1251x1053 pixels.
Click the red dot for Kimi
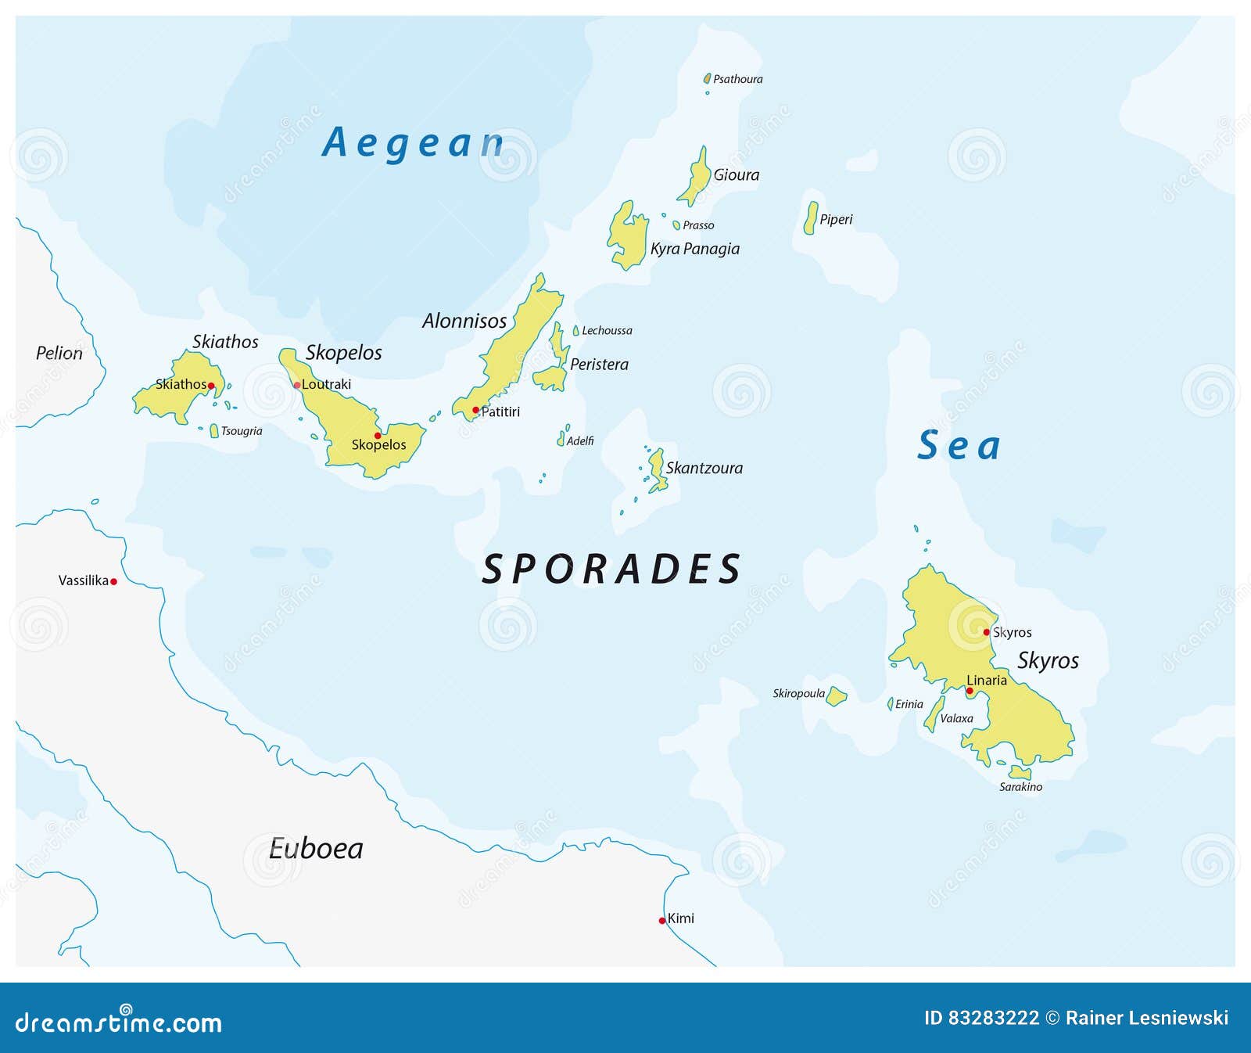coord(662,921)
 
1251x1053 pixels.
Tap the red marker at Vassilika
coord(113,581)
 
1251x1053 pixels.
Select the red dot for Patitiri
coord(475,410)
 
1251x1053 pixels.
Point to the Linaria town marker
coord(970,691)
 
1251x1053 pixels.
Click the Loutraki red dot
coord(297,385)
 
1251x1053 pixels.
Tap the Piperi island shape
coord(811,218)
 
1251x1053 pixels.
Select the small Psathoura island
coord(707,79)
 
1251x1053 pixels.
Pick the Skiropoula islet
coord(836,695)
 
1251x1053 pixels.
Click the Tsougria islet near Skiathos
coord(214,431)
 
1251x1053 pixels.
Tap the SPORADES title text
coord(611,569)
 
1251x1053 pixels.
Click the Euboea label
coord(316,849)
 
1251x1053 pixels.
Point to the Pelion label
coord(59,354)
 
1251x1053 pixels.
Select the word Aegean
coord(413,143)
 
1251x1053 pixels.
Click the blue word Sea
coord(959,446)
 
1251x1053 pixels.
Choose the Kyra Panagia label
coord(694,249)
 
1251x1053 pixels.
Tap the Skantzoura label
coord(704,468)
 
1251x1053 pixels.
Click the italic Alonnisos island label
coord(464,321)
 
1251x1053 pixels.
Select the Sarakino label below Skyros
coord(1020,787)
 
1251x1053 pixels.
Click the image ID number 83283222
coord(993,1018)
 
